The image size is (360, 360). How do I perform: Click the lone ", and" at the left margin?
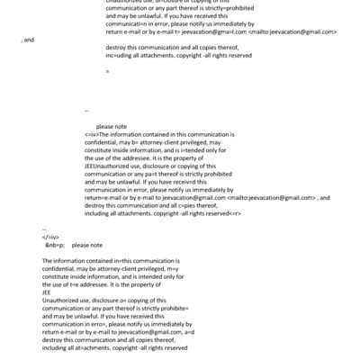click(x=28, y=40)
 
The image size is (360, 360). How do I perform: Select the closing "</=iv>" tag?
click(x=49, y=236)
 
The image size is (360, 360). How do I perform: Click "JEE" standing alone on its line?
click(x=47, y=292)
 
